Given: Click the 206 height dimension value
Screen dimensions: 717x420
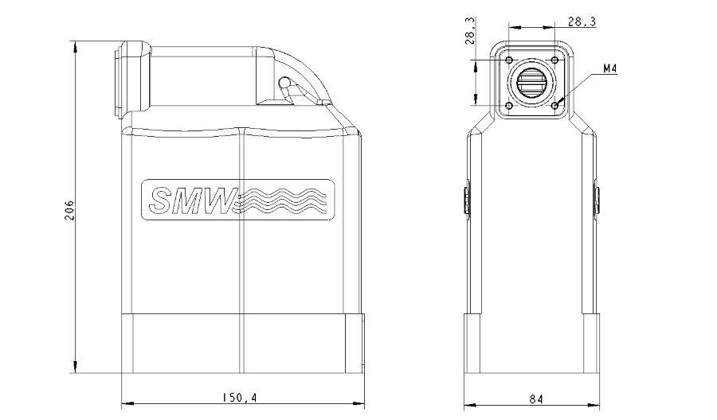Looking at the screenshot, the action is tap(69, 210).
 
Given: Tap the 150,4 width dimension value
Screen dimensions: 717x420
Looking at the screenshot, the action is tap(240, 398).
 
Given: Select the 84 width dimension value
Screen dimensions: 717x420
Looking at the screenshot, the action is tap(536, 399).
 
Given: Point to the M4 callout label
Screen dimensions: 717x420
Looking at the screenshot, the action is tap(610, 69).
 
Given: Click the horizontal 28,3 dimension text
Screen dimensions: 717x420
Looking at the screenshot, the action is tap(582, 21).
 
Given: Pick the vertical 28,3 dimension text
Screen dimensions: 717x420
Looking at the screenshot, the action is tap(470, 30).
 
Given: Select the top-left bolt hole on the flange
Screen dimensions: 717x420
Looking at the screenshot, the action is tap(509, 60).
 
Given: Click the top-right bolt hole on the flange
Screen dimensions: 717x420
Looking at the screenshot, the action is tap(554, 60).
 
